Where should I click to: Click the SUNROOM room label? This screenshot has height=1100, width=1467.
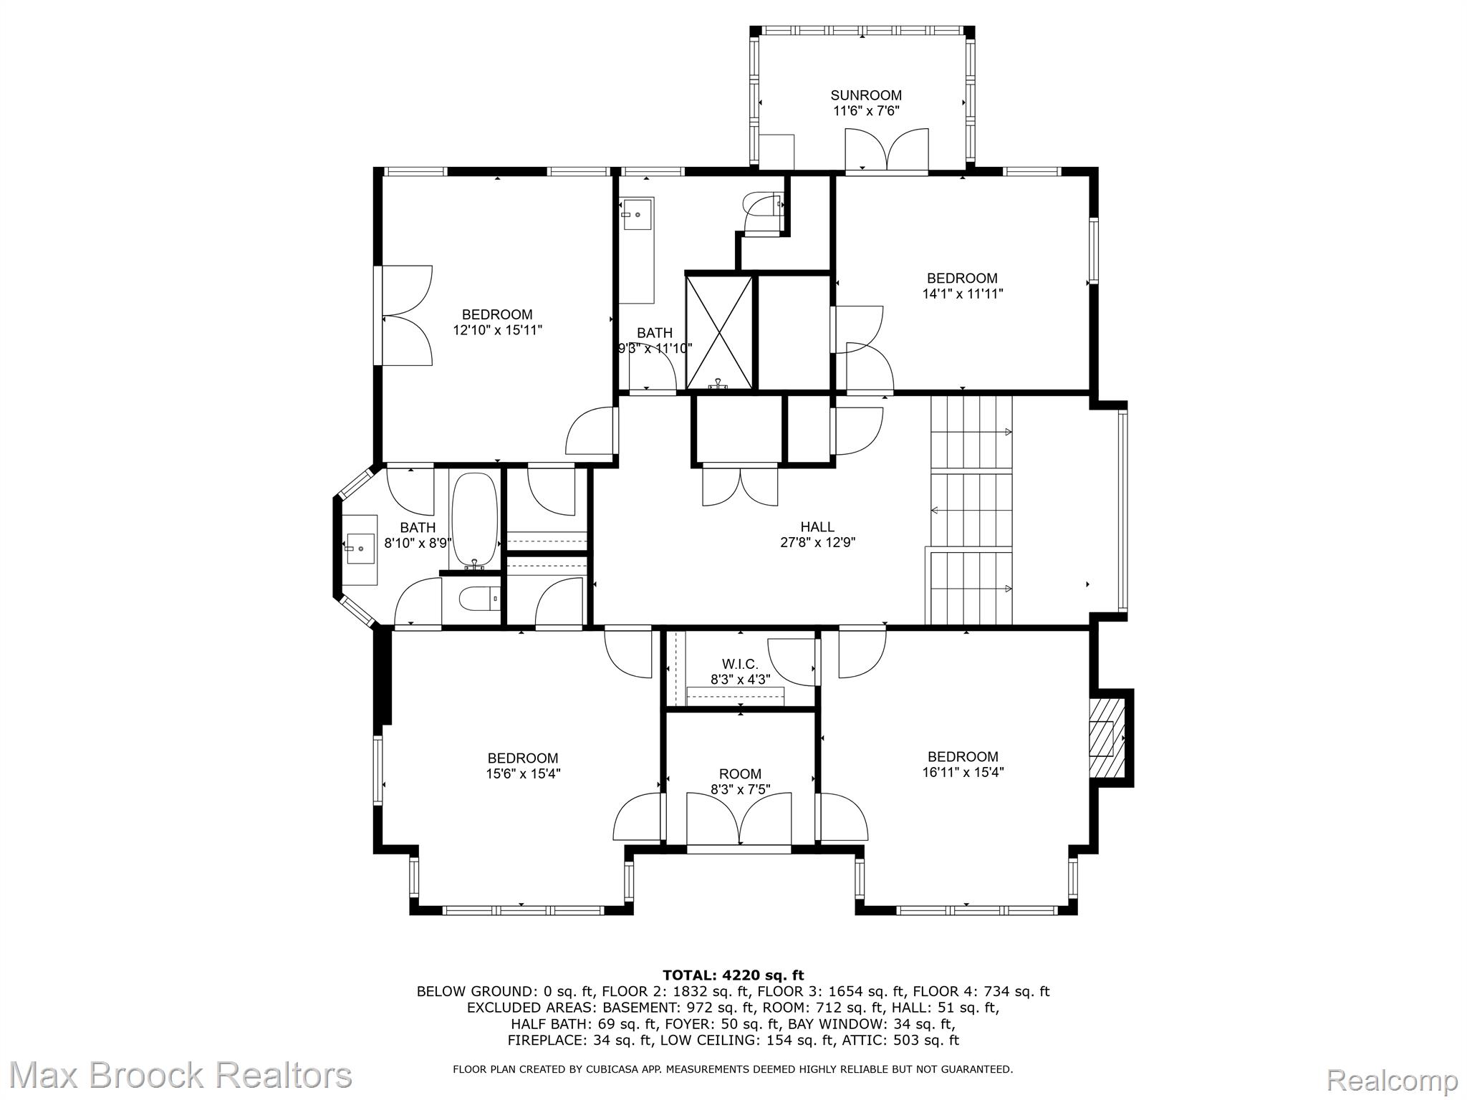pos(865,95)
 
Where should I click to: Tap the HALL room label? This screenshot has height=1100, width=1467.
pos(817,528)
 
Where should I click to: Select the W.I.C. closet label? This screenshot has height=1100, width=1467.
pos(740,665)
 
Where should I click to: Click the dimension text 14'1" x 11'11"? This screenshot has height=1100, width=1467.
pos(962,294)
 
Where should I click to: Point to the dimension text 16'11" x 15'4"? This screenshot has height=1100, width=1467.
pos(962,772)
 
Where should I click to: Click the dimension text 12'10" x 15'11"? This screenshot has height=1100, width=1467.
pos(497,330)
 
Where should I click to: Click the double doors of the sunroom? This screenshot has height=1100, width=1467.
pos(887,150)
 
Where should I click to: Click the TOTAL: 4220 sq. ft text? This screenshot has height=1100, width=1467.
pos(733,975)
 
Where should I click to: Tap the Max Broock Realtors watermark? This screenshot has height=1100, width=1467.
pos(180,1076)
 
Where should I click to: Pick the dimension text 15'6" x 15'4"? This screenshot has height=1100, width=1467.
pos(522,773)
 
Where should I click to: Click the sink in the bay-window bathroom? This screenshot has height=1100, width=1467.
pos(360,549)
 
